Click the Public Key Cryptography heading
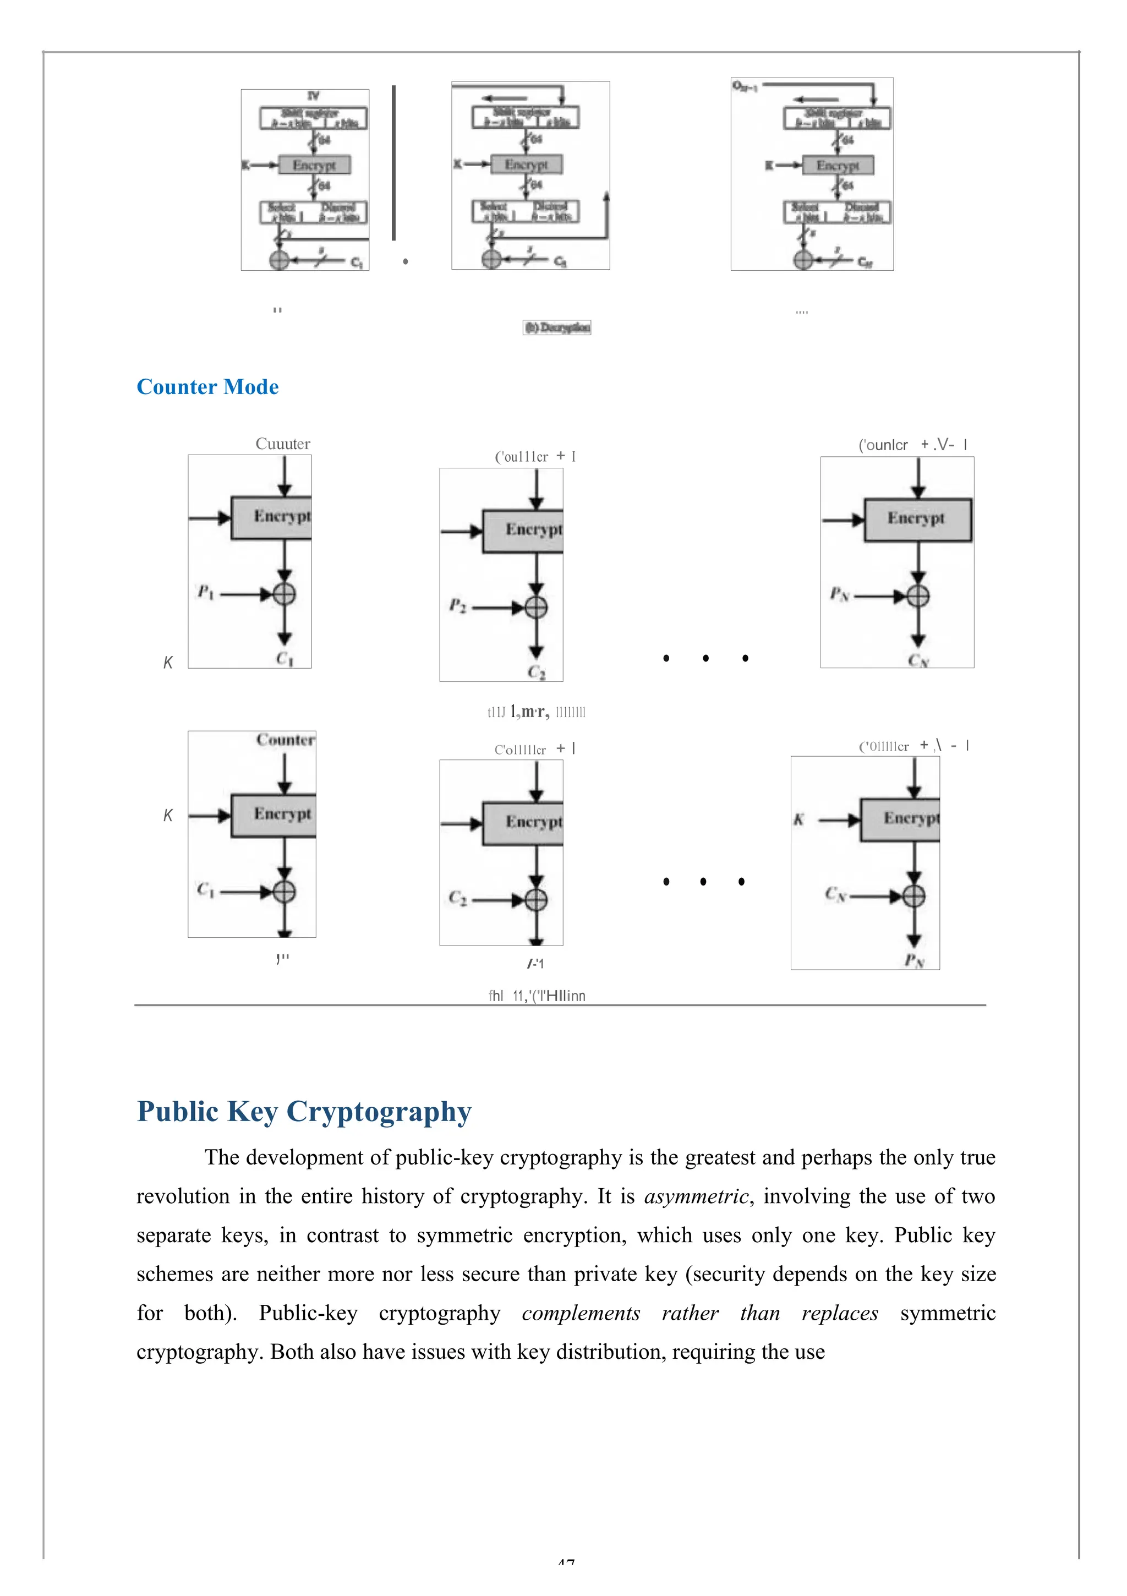coord(304,1111)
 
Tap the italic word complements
coord(581,1313)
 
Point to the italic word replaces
coord(840,1313)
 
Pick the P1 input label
coord(205,592)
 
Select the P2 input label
coord(457,605)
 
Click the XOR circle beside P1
coord(283,594)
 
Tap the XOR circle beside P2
coord(535,608)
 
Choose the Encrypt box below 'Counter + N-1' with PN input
coord(917,520)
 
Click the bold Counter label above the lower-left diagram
coord(285,740)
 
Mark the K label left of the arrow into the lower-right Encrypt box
coord(799,819)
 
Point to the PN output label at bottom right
coord(914,961)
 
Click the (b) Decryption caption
coord(556,327)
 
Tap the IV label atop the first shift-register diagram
coord(314,96)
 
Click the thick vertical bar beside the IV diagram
coord(393,163)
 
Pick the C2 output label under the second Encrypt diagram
coord(536,672)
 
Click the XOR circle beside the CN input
coord(913,896)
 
